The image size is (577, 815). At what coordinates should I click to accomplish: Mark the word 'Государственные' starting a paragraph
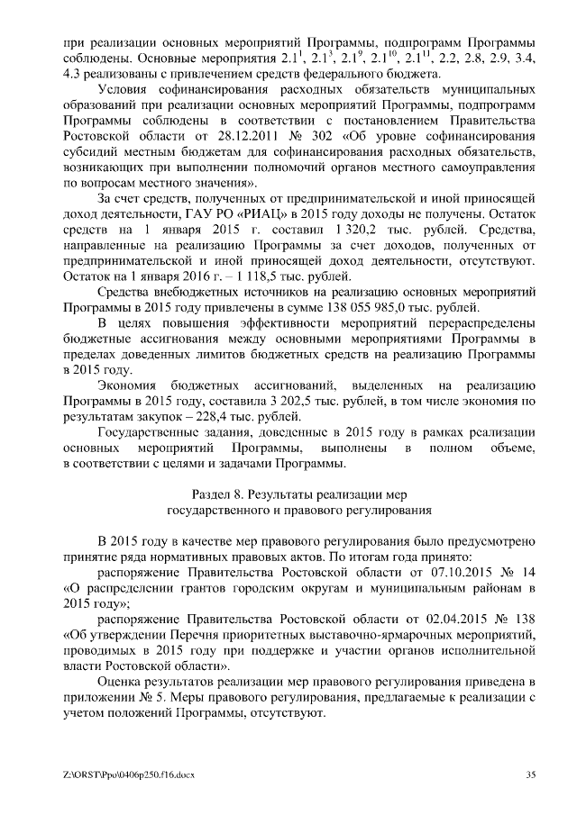coord(150,432)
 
